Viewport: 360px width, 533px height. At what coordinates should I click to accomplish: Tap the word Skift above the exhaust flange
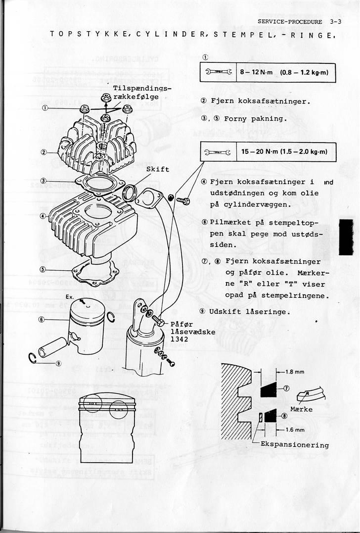coord(158,169)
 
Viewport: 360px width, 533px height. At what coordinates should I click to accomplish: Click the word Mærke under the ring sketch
coord(302,409)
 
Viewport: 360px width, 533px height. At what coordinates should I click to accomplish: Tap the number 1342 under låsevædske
coord(179,339)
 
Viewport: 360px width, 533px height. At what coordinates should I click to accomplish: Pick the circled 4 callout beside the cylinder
coord(44,216)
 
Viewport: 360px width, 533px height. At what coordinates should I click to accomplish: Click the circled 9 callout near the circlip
coord(58,363)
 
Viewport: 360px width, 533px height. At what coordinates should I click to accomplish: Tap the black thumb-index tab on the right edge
coord(346,237)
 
